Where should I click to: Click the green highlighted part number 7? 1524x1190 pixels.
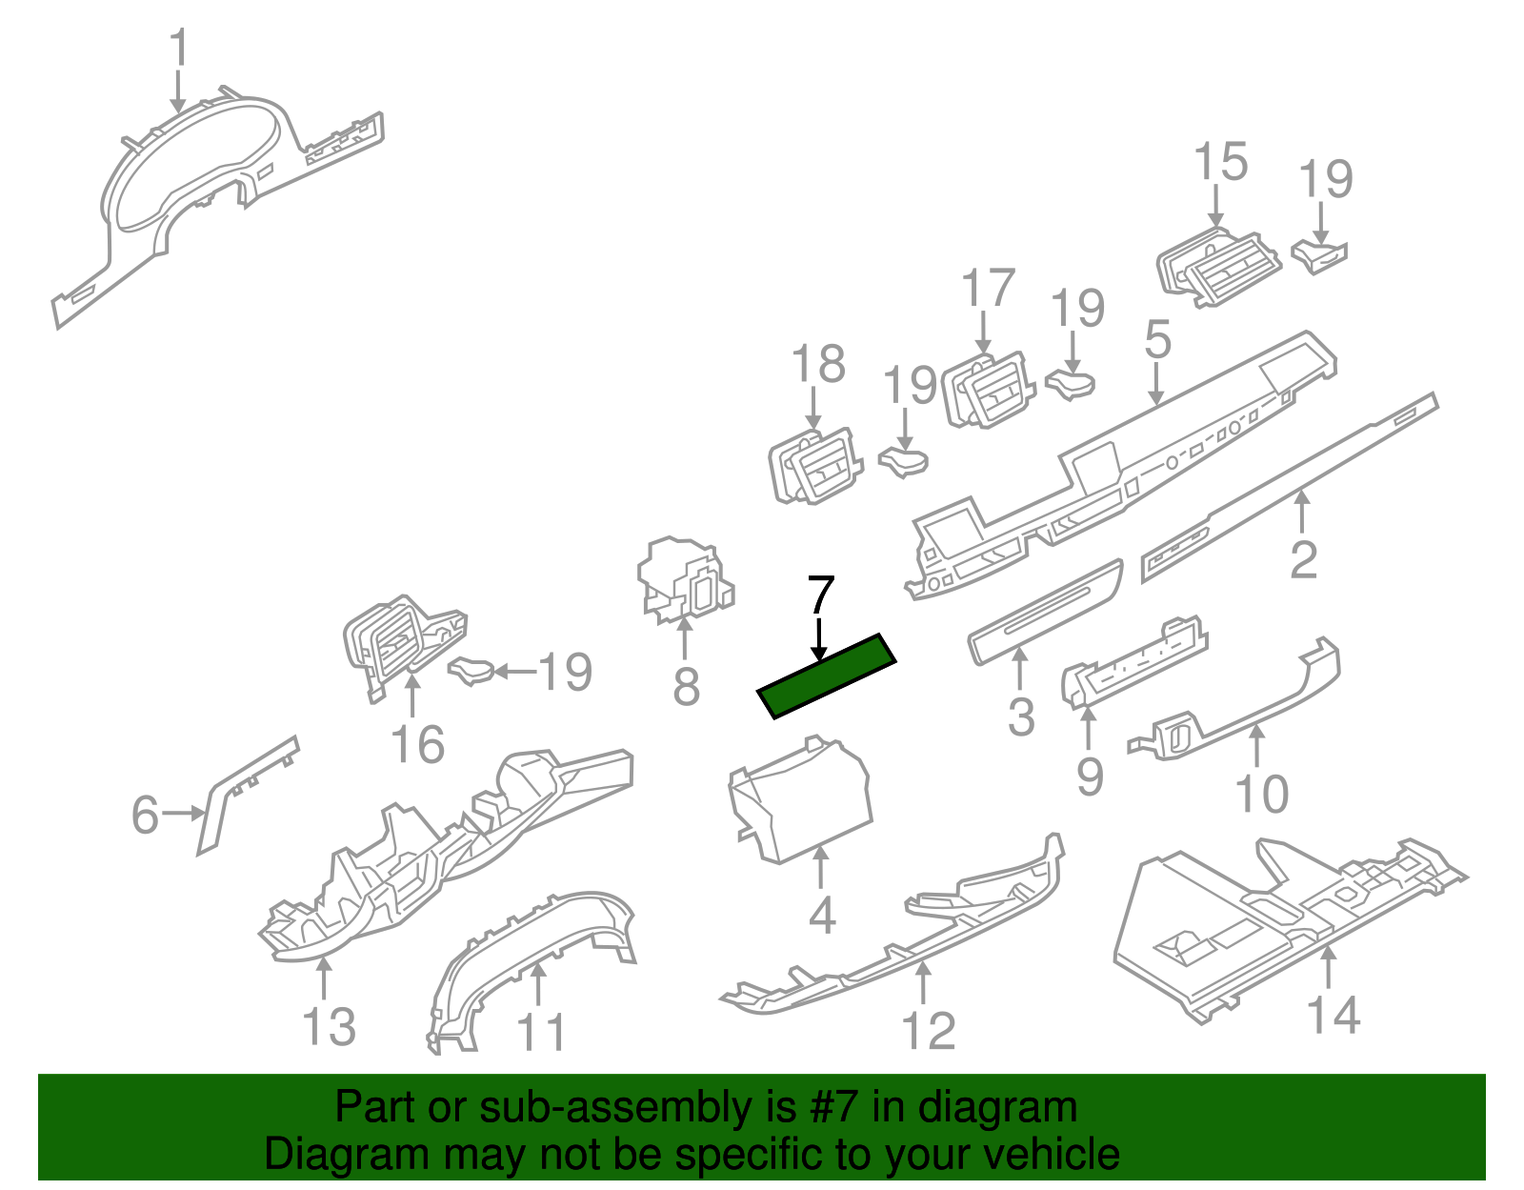[x=827, y=676]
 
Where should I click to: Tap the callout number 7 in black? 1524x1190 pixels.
[x=820, y=596]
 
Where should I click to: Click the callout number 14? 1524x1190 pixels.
[x=1333, y=1014]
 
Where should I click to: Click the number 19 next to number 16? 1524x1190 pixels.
[x=566, y=673]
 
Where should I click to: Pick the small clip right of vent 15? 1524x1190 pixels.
[x=1320, y=255]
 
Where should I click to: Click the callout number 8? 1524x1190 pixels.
[x=686, y=686]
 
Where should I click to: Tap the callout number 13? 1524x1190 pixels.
[x=329, y=1027]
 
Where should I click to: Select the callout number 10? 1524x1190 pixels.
[x=1261, y=794]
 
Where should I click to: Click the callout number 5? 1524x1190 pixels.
[x=1157, y=339]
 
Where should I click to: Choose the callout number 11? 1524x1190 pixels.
[x=541, y=1031]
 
